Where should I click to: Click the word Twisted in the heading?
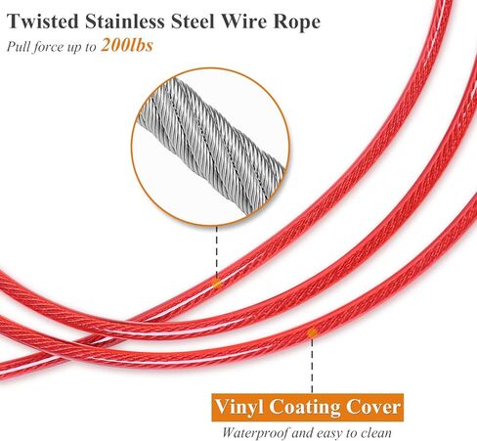(x=43, y=22)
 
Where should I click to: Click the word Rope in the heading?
(x=296, y=22)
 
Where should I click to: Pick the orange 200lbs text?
(x=127, y=45)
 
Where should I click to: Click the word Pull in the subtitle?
(x=18, y=46)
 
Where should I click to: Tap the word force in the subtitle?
(x=49, y=46)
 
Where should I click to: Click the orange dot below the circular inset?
(x=217, y=284)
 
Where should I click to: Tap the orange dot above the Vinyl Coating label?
(x=312, y=332)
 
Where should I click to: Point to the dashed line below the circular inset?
(x=217, y=252)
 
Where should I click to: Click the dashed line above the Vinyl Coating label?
(x=312, y=366)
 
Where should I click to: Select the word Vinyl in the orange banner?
(x=239, y=407)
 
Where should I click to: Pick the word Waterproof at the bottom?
(x=255, y=433)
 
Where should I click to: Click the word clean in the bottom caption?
(x=376, y=433)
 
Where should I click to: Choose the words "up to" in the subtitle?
(x=82, y=47)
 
